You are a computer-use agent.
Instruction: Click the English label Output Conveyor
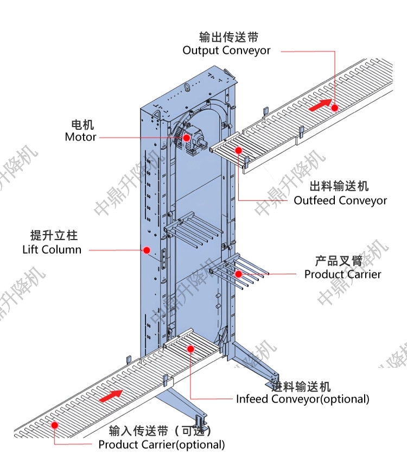[226, 51]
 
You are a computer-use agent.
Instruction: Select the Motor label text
[80, 137]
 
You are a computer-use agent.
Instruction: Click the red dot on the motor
[187, 137]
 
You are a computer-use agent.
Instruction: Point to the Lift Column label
[52, 250]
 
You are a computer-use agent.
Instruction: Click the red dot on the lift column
[147, 250]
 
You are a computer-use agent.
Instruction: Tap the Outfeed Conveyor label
[340, 200]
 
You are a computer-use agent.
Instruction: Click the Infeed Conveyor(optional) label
[302, 399]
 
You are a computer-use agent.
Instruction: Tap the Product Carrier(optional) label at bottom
[161, 445]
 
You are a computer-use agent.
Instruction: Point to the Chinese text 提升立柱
[54, 236]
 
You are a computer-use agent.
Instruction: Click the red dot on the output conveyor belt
[335, 108]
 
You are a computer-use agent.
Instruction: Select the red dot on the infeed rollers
[190, 348]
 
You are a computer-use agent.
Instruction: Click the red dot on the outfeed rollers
[238, 150]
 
